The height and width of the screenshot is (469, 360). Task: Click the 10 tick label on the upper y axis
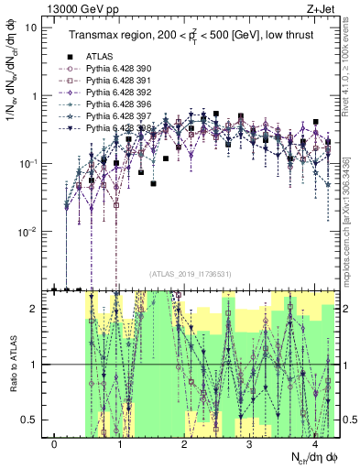31,27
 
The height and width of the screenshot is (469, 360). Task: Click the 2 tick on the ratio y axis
35,309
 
